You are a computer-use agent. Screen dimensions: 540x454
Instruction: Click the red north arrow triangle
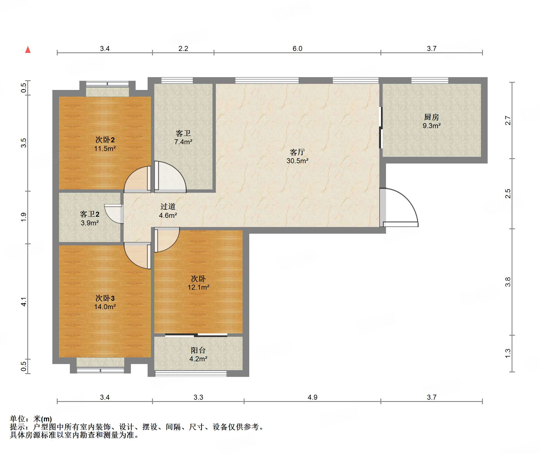coord(28,50)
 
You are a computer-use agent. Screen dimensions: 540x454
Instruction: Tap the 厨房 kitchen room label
coord(431,117)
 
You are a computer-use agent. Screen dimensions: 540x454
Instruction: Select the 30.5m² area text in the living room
coord(297,161)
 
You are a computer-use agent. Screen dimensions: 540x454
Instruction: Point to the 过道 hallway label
coord(168,206)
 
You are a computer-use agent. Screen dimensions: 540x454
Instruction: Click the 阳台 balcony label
coord(198,350)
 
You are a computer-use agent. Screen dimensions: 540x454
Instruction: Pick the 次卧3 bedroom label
coord(105,298)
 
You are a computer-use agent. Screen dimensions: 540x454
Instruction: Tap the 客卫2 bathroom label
coord(90,214)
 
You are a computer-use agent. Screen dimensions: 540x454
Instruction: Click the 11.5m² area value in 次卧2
coord(105,148)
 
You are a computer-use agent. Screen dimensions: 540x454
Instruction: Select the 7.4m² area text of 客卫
coord(183,142)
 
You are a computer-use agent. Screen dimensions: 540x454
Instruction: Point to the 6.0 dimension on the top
coord(297,48)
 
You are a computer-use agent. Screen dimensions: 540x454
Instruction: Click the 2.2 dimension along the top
coord(183,48)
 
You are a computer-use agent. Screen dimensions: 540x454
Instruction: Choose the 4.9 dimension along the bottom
coord(312,397)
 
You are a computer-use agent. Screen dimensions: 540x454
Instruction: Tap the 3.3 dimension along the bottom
coord(198,397)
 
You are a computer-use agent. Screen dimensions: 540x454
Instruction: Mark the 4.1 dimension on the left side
coord(24,302)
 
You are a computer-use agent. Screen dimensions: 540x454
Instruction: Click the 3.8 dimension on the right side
coord(508,282)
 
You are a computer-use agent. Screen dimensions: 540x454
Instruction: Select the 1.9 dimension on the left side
coord(24,217)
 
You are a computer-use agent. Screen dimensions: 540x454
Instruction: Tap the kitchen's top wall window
coord(430,80)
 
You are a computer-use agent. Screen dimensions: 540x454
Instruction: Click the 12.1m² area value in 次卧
coord(198,287)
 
